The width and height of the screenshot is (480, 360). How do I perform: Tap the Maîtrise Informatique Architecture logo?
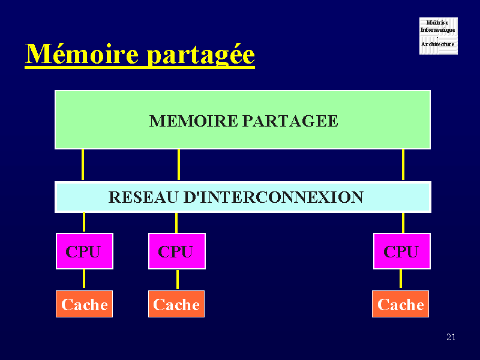point(438,36)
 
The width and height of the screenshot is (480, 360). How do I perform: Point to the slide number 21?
point(451,337)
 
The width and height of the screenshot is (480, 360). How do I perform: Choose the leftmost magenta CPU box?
point(84,251)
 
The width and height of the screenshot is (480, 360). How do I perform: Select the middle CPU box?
point(176,251)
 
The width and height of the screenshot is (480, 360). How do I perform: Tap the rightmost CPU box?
point(401,251)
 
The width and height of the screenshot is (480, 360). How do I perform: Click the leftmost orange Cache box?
point(84,304)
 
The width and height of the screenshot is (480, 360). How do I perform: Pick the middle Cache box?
point(176,304)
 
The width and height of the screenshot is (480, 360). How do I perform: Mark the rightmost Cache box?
point(401,304)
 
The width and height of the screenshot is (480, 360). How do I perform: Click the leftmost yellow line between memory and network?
point(83,164)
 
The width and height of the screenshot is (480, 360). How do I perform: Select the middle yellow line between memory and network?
point(179,164)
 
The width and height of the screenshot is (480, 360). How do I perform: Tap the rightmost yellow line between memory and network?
point(403,164)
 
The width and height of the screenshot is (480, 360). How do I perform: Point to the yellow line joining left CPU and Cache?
point(84,279)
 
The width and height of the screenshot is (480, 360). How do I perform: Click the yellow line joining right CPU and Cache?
point(401,279)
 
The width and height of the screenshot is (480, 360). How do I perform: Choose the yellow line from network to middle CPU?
point(176,223)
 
